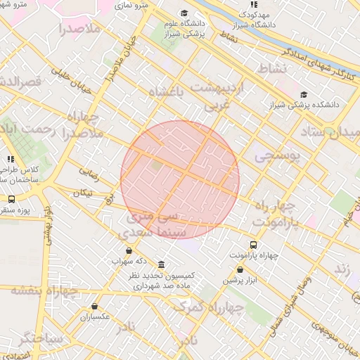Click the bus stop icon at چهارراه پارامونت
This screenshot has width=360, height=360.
pyautogui.click(x=254, y=245)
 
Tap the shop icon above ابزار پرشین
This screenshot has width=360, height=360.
pyautogui.click(x=240, y=269)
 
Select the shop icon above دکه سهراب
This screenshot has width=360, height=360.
pyautogui.click(x=128, y=251)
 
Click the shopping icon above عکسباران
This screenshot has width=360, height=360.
pyautogui.click(x=95, y=307)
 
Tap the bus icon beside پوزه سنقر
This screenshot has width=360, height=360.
pyautogui.click(x=11, y=200)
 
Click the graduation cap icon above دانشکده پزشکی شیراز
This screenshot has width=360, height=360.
pyautogui.click(x=303, y=94)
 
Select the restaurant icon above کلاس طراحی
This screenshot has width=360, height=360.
pyautogui.click(x=11, y=160)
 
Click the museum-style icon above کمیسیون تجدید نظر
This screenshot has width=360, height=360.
pyautogui.click(x=162, y=265)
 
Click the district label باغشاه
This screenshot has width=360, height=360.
pyautogui.click(x=171, y=93)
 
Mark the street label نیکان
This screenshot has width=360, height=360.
pyautogui.click(x=82, y=192)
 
